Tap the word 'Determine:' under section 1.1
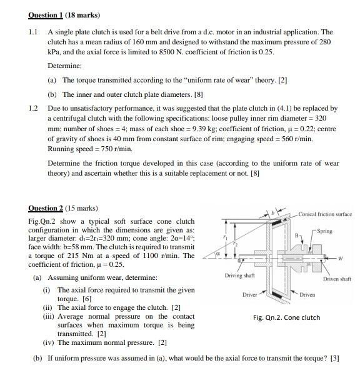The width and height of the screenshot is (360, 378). point(64,64)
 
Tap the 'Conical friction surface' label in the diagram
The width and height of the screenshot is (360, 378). point(324,214)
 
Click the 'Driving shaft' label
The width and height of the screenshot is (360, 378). point(239,275)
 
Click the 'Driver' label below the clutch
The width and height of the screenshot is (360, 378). point(250,293)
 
